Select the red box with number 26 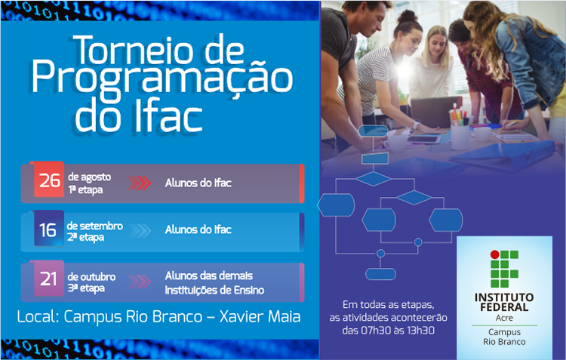click(49, 181)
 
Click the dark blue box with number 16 click(48, 229)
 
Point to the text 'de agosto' click(89, 177)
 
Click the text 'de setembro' click(94, 225)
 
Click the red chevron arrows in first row click(139, 183)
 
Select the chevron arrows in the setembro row click(139, 230)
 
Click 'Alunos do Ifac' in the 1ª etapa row click(198, 183)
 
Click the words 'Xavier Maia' click(260, 317)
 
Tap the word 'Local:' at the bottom click(38, 317)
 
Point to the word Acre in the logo click(505, 318)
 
